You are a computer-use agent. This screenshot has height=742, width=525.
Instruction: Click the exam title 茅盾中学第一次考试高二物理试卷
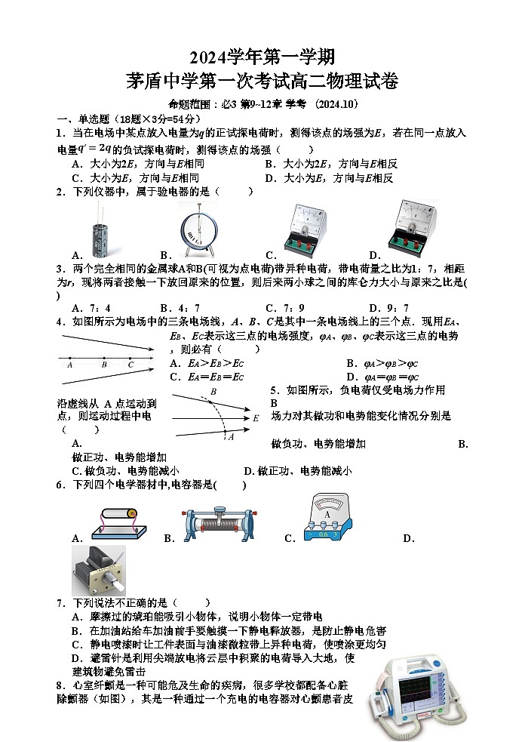coord(262,82)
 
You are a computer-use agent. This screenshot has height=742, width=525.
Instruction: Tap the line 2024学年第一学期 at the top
coord(262,56)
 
